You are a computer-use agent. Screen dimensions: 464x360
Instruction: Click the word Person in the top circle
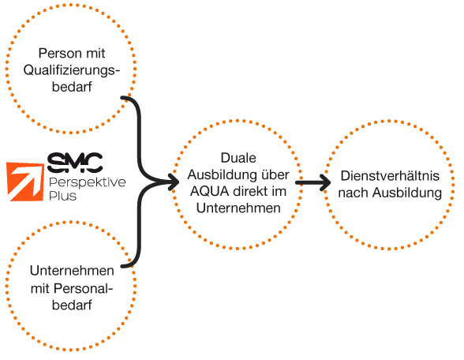55,54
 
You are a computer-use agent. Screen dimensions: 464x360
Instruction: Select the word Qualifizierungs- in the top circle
72,71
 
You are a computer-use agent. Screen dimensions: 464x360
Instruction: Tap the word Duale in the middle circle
238,158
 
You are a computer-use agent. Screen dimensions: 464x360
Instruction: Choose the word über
275,174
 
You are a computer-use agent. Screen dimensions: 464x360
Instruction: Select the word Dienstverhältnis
390,176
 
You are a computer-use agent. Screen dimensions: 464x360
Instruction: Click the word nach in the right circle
354,193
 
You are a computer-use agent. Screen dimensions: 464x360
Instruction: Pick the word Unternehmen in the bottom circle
72,271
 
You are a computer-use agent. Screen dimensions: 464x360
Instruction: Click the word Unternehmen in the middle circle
238,208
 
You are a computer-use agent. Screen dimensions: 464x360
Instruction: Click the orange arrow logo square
25,182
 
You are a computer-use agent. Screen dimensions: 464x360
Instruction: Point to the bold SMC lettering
75,163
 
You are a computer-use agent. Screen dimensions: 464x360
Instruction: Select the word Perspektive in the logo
88,182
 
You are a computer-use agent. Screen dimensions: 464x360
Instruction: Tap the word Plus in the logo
62,196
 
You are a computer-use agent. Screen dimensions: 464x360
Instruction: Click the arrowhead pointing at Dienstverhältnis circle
325,182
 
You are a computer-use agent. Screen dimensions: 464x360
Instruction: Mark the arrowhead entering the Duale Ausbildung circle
173,182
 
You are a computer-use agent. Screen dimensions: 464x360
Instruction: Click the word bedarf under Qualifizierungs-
72,87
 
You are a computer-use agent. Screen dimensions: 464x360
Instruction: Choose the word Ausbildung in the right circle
407,193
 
